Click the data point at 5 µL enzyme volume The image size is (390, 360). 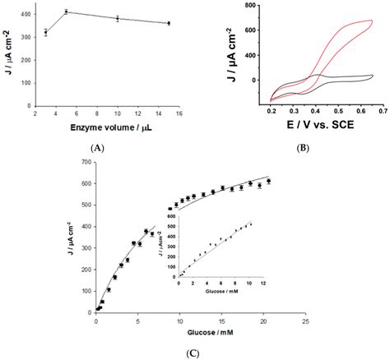point(66,12)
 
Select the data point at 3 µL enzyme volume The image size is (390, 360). point(46,32)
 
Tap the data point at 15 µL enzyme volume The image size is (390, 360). point(169,23)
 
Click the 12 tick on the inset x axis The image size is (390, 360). point(262,281)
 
